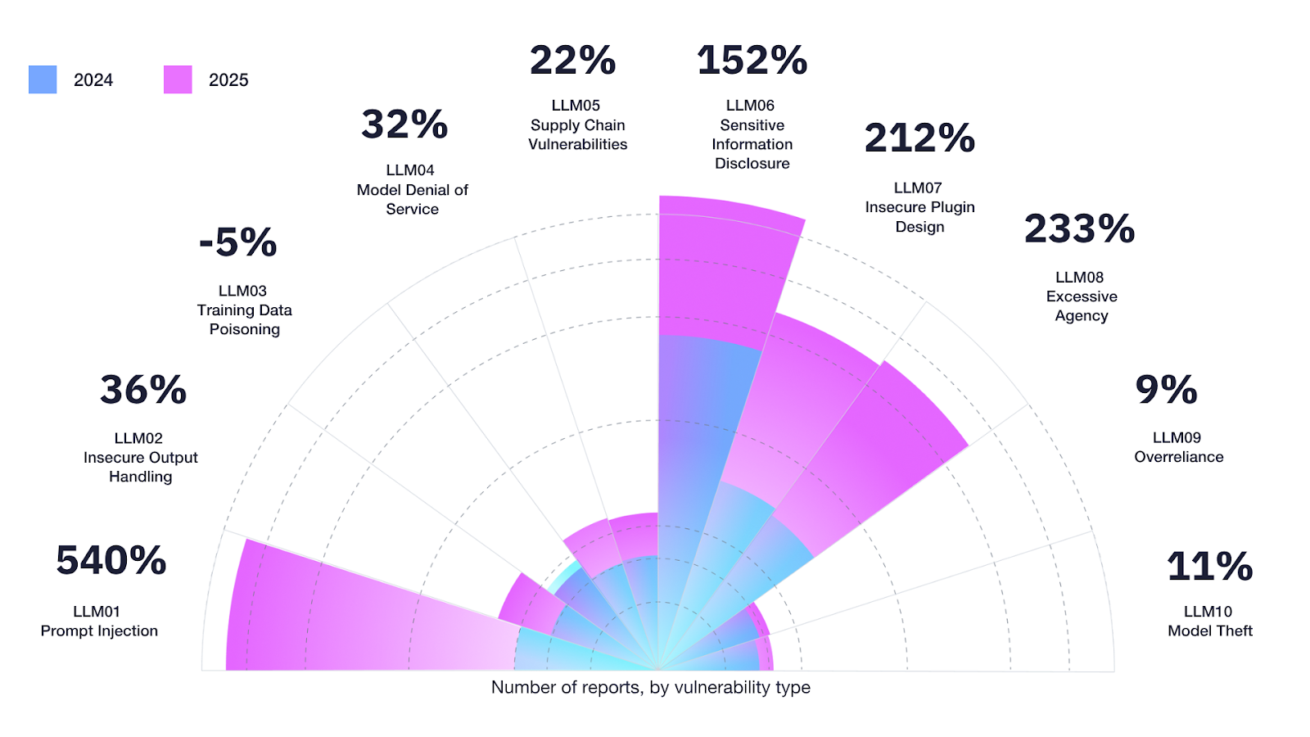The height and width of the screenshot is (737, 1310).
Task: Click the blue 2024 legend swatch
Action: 43,79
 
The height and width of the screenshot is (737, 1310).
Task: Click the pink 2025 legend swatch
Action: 178,79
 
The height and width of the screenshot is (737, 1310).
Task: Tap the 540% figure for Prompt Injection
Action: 111,561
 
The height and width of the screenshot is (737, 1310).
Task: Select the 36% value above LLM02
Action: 143,390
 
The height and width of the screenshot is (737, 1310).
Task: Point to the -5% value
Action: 238,242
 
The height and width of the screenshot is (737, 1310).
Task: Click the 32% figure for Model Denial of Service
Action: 404,124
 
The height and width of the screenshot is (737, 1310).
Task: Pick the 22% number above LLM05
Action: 572,61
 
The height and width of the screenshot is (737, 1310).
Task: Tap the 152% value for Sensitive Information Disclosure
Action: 752,61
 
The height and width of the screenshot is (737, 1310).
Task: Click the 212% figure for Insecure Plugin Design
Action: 919,138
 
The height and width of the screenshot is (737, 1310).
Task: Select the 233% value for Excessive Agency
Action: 1079,228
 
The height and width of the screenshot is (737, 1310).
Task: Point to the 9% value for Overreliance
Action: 1166,390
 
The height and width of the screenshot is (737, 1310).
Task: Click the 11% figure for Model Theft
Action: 1209,567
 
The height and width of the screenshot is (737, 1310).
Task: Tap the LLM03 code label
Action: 242,291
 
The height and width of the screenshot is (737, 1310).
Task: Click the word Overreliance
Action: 1178,457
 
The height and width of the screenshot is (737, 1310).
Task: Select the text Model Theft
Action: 1209,631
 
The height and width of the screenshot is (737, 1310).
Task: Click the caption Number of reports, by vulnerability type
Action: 650,688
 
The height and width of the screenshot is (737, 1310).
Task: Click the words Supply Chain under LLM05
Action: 577,125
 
